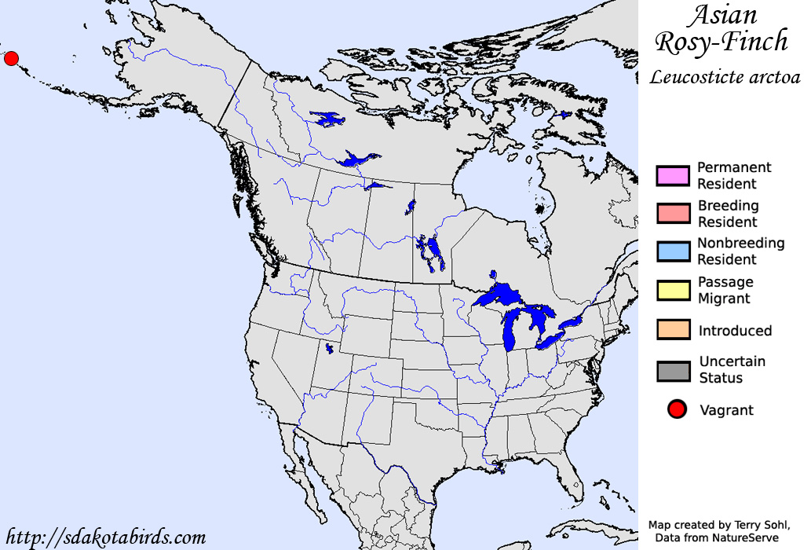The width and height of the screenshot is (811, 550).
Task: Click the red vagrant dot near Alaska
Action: [x=11, y=58]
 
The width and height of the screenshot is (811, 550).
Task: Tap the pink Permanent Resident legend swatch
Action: [x=673, y=175]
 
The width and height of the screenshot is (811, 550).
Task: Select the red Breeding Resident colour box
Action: [x=673, y=213]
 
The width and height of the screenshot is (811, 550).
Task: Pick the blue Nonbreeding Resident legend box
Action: [x=673, y=251]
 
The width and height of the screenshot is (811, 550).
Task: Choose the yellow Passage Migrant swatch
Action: [x=673, y=290]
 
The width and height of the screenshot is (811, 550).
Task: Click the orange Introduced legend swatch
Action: [x=673, y=330]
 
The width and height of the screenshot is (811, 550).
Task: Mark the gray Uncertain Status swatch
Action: [x=673, y=370]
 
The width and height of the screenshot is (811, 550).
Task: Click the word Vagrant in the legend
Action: [x=726, y=410]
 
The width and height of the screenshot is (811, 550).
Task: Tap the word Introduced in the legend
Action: [x=735, y=331]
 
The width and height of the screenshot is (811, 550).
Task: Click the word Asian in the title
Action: [x=723, y=15]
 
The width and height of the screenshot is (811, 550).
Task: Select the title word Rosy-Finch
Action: [x=721, y=42]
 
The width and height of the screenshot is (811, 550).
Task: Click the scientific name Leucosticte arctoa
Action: [x=725, y=77]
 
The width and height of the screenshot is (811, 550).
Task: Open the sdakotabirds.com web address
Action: [x=106, y=538]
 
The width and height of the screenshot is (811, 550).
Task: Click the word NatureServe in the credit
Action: [x=745, y=537]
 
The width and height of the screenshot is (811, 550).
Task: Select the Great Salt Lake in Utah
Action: [x=329, y=348]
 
